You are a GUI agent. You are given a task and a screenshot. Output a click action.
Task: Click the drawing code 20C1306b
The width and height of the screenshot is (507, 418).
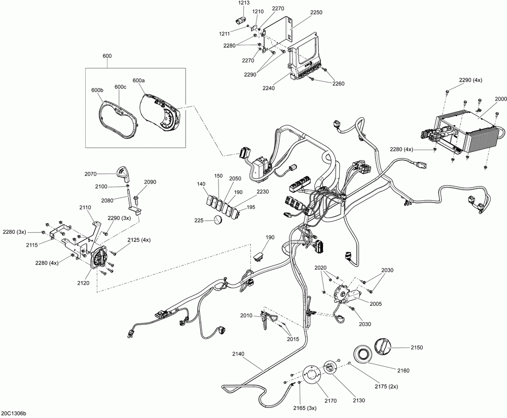[x=14, y=413]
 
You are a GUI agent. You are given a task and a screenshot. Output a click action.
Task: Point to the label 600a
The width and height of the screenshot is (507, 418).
[x=138, y=81]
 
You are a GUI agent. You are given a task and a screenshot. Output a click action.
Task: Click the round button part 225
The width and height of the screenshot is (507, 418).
[x=218, y=220]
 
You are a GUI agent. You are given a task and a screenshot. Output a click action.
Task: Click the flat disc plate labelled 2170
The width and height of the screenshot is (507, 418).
[x=310, y=376]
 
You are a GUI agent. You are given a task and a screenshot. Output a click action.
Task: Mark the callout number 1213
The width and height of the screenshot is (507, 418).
[x=244, y=3]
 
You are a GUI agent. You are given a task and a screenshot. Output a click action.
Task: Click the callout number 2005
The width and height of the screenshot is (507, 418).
[x=376, y=304]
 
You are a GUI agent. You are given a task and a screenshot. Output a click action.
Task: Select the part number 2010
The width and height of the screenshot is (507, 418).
[x=246, y=316]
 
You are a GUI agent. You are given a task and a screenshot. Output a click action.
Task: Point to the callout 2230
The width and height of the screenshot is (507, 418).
[x=263, y=191]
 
